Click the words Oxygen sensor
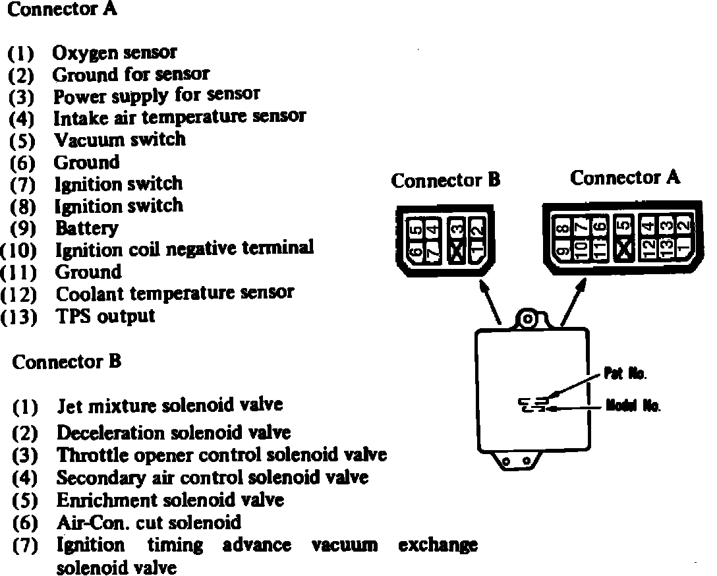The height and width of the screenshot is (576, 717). click(115, 52)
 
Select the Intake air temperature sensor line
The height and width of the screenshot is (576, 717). click(179, 117)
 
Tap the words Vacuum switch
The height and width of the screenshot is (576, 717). click(119, 140)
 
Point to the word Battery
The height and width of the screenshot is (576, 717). click(86, 228)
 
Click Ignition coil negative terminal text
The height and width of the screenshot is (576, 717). click(184, 249)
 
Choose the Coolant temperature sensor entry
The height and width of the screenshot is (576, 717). click(174, 293)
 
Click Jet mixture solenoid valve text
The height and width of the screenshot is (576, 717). click(169, 405)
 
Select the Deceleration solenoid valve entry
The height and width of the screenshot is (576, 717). click(173, 433)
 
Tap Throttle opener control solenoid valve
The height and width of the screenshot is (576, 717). click(221, 455)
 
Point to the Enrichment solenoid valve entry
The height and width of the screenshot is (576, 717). click(170, 500)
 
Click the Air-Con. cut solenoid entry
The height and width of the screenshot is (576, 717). click(149, 523)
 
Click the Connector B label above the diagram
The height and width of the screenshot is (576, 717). click(445, 181)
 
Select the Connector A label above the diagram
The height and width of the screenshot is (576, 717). click(625, 177)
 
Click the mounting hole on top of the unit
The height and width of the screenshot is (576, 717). click(527, 319)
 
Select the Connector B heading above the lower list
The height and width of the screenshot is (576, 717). click(67, 362)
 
